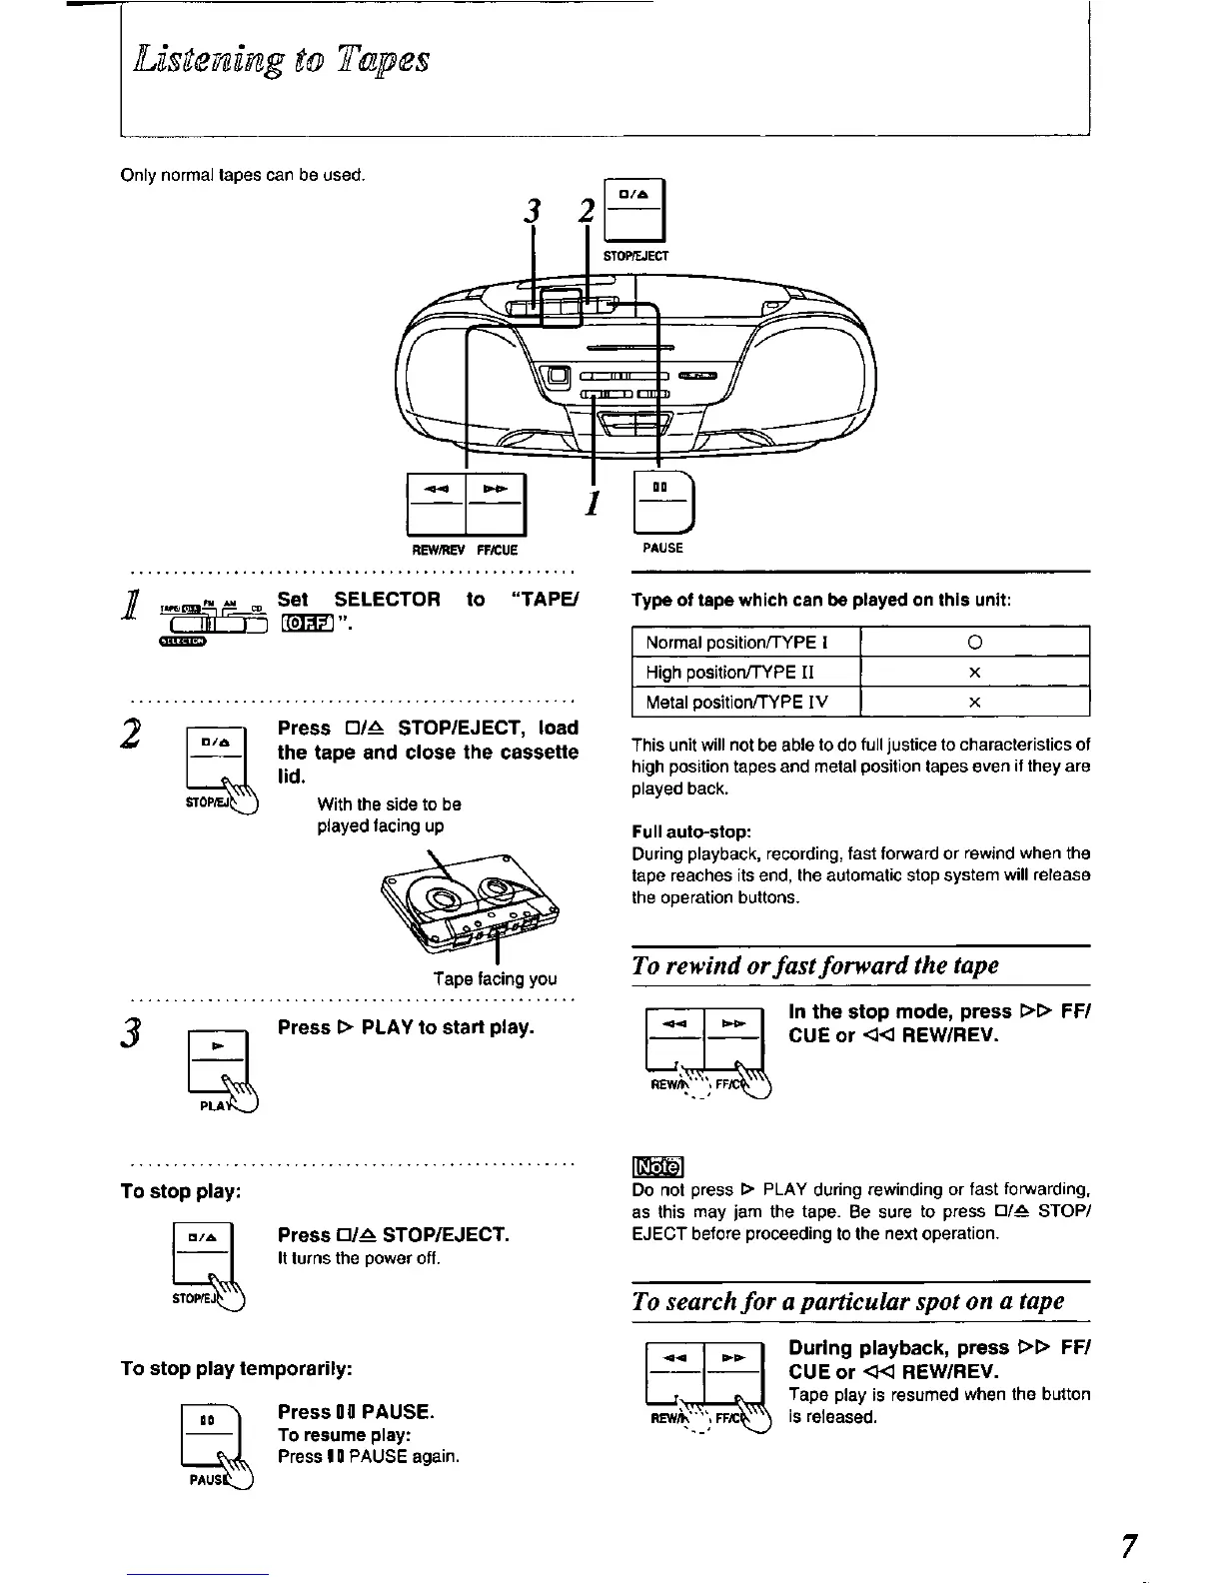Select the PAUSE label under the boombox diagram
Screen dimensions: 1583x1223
point(663,548)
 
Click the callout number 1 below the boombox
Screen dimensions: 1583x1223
point(592,502)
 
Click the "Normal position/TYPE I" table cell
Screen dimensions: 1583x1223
point(745,642)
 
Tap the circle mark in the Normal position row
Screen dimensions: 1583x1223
point(974,642)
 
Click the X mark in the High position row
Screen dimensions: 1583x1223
point(974,673)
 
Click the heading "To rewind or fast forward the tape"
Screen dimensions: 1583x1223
point(815,965)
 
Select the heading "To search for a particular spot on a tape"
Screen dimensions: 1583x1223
point(848,1301)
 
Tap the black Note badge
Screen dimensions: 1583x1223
point(656,1166)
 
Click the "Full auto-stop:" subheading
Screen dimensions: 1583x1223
point(690,831)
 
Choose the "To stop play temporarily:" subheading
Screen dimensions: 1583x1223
point(237,1368)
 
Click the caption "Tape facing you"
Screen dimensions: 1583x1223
point(495,979)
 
